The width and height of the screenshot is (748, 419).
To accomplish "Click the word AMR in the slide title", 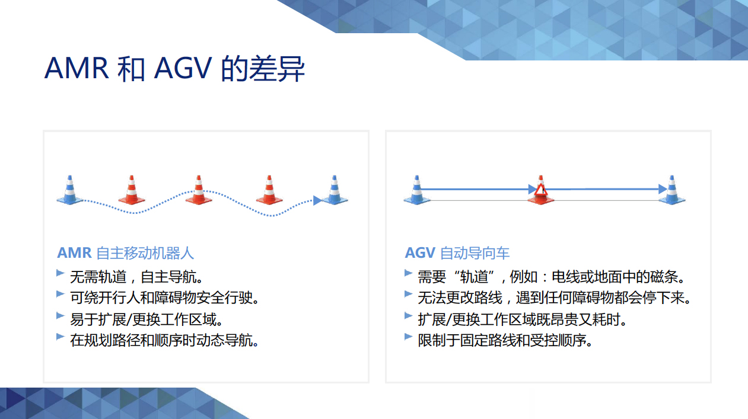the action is (77, 68).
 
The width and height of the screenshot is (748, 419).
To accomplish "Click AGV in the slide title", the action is (183, 68).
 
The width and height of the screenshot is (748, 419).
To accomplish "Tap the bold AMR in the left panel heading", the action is (74, 253).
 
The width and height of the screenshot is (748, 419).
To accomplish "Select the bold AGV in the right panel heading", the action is (420, 253).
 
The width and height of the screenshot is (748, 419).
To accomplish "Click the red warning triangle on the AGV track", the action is (540, 189).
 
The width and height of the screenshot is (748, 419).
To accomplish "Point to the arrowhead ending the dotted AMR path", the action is (317, 200).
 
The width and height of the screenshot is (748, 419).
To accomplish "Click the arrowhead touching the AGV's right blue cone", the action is (663, 189).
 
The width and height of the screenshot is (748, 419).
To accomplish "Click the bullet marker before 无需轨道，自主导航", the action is (61, 273).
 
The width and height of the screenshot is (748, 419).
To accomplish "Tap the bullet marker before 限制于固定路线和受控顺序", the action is (408, 337).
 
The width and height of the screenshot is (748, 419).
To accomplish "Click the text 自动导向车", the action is (475, 253).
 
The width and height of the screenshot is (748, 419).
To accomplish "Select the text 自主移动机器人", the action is (145, 253).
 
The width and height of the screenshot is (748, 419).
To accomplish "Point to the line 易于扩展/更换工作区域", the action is (147, 319).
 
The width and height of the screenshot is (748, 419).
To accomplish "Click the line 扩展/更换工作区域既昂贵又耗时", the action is (523, 319).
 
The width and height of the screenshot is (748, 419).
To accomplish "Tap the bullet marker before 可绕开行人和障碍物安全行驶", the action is (61, 294).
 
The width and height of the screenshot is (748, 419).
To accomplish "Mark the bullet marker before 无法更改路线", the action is (408, 294).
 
